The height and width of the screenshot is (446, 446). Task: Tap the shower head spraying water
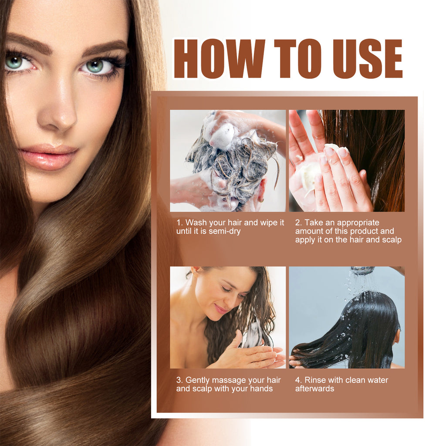tap(362, 270)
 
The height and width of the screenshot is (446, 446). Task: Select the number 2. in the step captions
tap(298, 223)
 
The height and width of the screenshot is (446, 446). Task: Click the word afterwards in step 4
tap(314, 389)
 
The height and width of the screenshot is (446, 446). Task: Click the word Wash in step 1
tap(196, 223)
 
